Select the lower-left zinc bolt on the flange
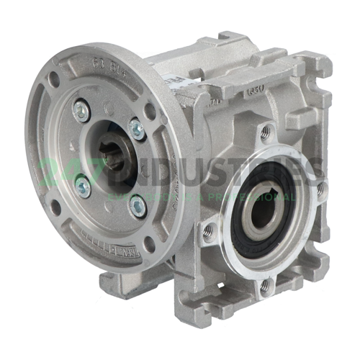click(x=84, y=187)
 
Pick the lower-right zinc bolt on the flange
click(x=137, y=205)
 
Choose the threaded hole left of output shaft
click(x=210, y=230)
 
